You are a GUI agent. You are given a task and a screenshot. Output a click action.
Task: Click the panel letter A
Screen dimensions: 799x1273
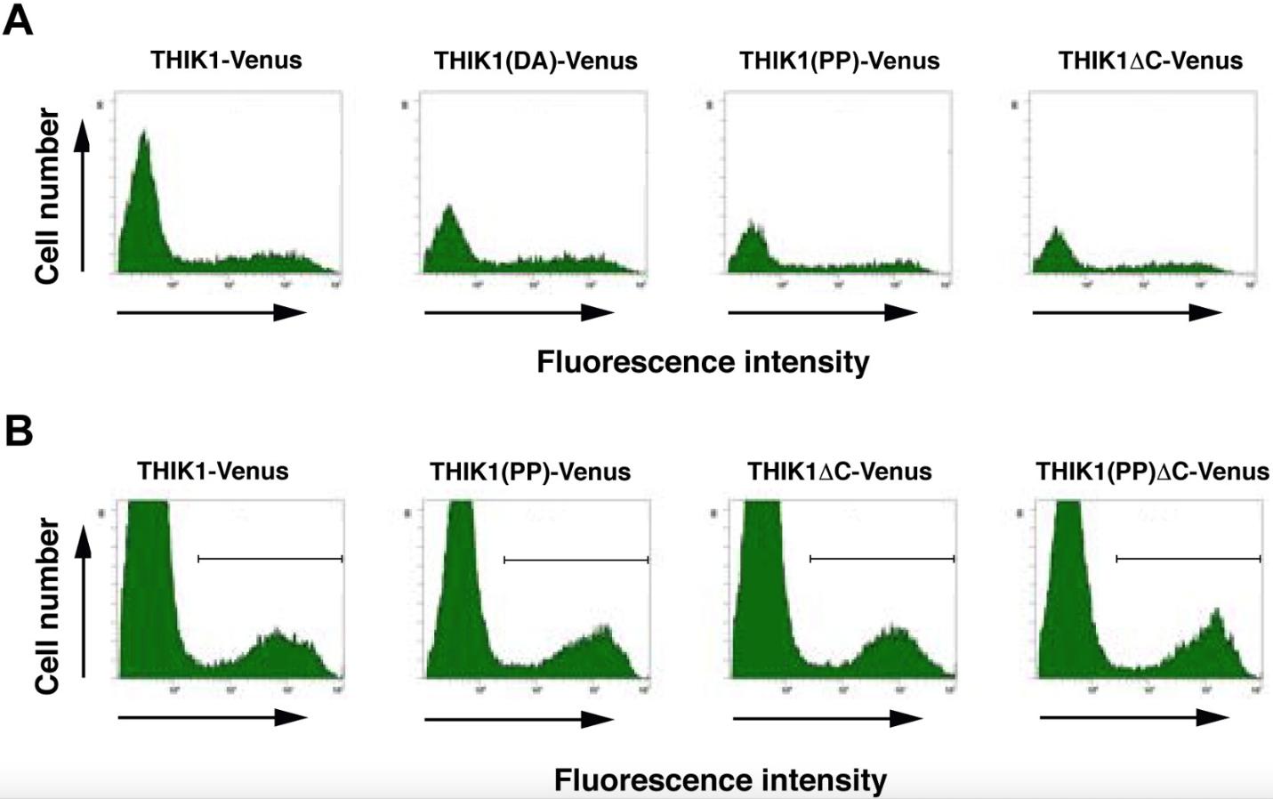[x=18, y=20]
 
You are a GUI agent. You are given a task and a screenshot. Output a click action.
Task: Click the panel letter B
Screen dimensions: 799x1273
[x=19, y=431]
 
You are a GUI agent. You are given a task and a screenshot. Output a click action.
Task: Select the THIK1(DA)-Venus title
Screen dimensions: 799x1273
[x=536, y=61]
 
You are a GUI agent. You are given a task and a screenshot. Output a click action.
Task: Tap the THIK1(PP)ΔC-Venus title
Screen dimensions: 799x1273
[x=1152, y=472]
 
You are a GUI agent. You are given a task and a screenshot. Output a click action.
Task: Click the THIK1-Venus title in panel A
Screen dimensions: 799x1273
[x=226, y=60]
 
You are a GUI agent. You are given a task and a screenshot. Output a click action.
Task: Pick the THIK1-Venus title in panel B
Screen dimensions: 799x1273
[x=213, y=471]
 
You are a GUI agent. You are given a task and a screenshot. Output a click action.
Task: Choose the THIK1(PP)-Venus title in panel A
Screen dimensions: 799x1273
[x=839, y=61]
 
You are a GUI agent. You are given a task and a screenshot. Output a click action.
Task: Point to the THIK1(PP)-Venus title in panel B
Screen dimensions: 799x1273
[x=530, y=472]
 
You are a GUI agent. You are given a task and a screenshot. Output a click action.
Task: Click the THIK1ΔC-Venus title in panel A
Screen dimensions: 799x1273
[x=1150, y=61]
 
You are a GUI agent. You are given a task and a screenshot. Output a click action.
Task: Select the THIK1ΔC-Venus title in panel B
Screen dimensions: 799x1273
[x=839, y=472]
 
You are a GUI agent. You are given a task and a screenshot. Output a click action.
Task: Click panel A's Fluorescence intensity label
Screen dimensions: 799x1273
[x=703, y=362]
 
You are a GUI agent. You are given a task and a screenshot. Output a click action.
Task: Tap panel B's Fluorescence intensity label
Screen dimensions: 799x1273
[x=720, y=780]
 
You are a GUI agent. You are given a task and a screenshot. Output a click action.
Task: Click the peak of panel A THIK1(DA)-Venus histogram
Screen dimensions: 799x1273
[x=449, y=209]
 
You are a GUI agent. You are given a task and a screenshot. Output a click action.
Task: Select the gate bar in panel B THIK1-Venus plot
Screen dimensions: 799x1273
[x=270, y=559]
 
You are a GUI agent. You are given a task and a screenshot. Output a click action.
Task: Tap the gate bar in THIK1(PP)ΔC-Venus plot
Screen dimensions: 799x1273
[x=1188, y=559]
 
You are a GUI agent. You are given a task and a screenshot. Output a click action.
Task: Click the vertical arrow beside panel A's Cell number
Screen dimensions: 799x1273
[x=83, y=196]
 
